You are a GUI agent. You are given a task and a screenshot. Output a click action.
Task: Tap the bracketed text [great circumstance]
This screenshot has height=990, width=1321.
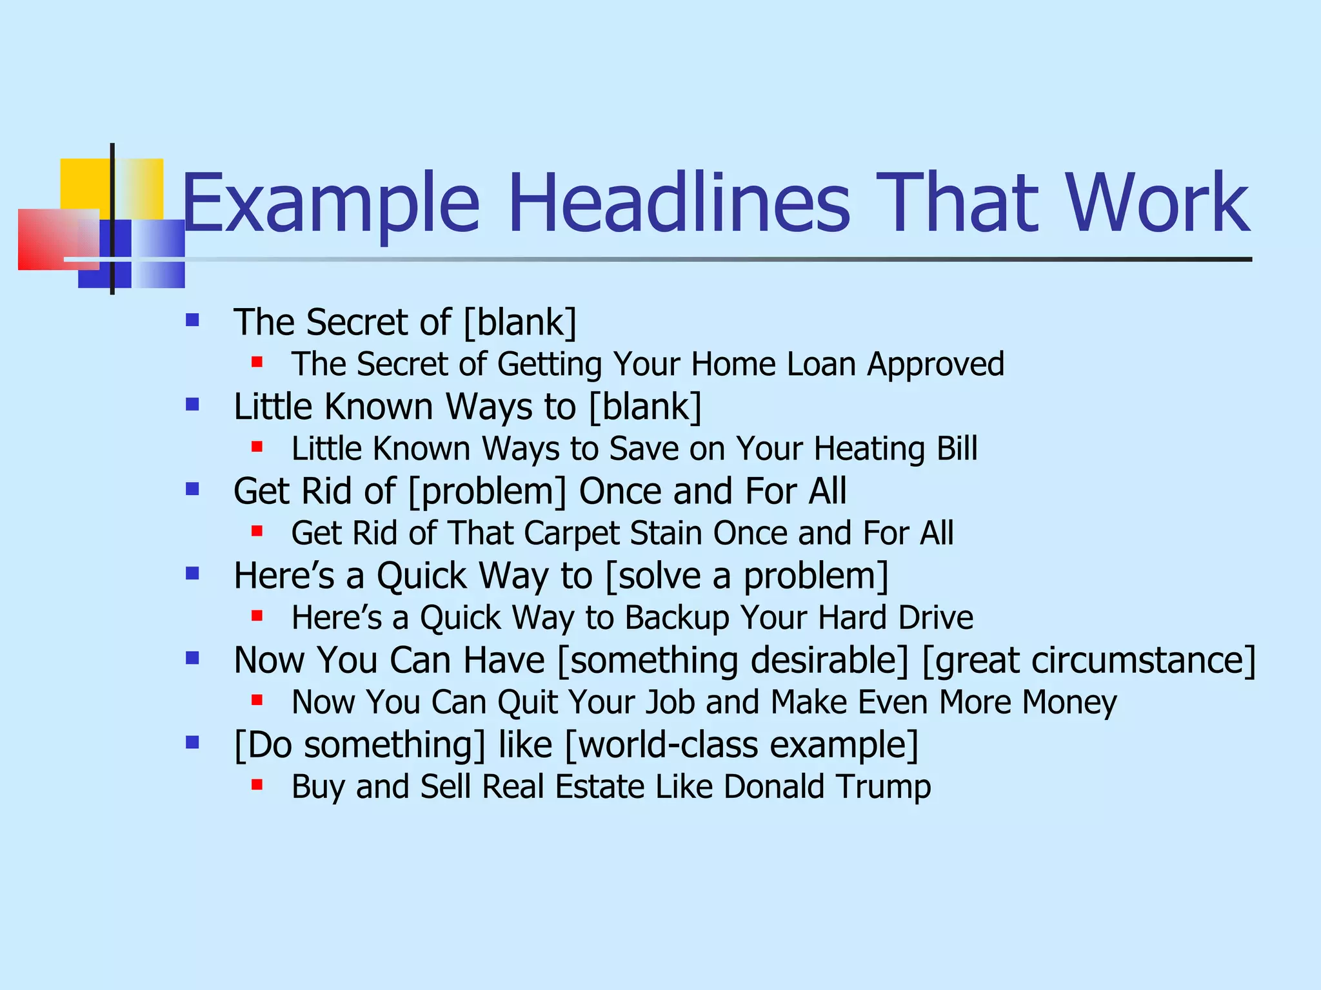(1089, 661)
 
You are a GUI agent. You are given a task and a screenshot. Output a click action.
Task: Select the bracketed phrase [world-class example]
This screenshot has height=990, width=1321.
(742, 745)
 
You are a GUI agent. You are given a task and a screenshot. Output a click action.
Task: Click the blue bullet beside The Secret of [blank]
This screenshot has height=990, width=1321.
(192, 320)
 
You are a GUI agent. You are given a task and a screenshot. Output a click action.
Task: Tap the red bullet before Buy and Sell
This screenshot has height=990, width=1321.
(257, 784)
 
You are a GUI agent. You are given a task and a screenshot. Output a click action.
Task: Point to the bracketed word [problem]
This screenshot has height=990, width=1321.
(488, 492)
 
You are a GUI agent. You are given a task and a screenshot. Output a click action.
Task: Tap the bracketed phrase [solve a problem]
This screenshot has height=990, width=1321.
(747, 576)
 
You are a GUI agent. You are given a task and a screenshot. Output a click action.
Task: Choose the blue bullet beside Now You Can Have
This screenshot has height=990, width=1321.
(192, 658)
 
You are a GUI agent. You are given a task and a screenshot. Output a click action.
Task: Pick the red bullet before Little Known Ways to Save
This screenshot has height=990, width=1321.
(257, 446)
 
